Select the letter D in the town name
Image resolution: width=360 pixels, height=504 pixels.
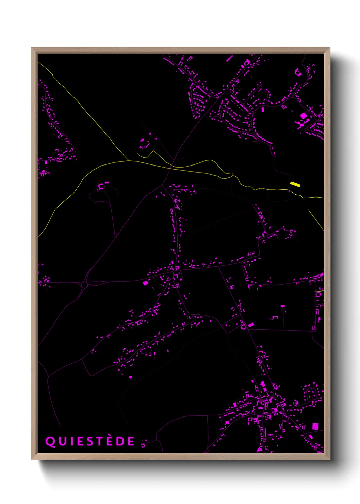click(120, 442)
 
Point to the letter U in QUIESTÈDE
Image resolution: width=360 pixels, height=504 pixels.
click(62, 442)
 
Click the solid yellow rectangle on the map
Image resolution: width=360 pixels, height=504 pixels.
click(295, 184)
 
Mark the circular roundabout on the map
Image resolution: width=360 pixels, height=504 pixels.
click(84, 285)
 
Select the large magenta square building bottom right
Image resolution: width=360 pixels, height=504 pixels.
click(315, 426)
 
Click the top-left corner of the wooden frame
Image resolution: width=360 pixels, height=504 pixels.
click(32, 48)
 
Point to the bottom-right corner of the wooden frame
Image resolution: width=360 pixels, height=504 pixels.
click(329, 459)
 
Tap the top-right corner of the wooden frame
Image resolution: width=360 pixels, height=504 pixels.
click(329, 48)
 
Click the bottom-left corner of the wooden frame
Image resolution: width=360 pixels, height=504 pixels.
click(32, 459)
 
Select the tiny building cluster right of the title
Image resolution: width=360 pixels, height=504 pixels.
click(144, 443)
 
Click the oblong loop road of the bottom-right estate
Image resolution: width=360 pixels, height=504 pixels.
click(312, 395)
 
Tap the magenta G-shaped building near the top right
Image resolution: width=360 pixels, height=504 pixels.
click(298, 72)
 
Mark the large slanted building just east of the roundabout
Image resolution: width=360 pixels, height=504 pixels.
click(145, 283)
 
